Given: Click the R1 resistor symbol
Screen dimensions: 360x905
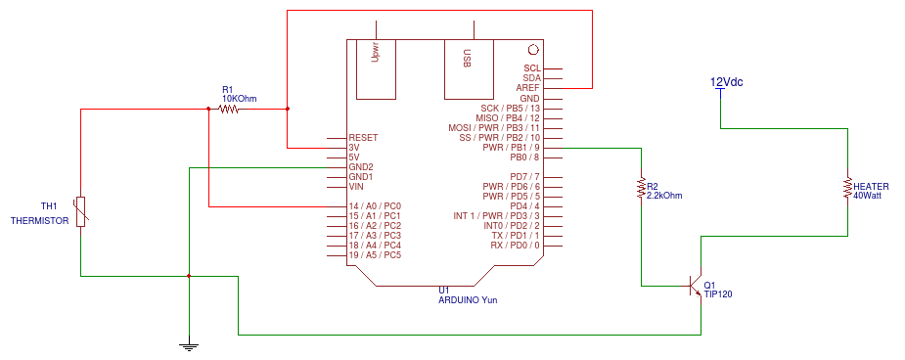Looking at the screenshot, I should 229,109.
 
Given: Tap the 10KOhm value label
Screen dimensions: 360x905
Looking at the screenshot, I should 240,98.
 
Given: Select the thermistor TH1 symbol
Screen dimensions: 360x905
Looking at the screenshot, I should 81,211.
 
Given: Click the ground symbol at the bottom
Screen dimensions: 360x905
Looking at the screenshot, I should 189,344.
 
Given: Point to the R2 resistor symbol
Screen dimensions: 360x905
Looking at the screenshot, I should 641,186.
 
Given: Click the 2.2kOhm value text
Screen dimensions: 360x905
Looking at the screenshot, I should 664,196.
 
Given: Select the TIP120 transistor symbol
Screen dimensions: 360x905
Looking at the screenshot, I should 696,287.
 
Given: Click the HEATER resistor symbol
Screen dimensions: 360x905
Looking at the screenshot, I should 847,187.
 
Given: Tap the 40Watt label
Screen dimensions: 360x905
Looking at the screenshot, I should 868,196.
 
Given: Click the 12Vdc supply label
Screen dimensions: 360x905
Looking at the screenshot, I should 726,82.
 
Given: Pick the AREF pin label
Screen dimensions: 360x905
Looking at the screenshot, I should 527,88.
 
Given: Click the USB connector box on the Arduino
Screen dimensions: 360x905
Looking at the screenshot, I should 469,68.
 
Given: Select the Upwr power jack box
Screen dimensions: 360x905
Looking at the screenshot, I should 376,68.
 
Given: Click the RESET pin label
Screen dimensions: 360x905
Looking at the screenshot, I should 363,138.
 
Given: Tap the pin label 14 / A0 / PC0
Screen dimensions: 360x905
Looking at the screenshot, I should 375,206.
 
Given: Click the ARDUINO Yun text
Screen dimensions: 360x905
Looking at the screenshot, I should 469,299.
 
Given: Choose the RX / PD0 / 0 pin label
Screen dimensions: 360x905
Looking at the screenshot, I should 510,246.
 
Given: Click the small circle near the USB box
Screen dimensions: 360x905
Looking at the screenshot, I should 532,49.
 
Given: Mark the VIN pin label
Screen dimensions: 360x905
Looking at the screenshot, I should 356,187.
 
